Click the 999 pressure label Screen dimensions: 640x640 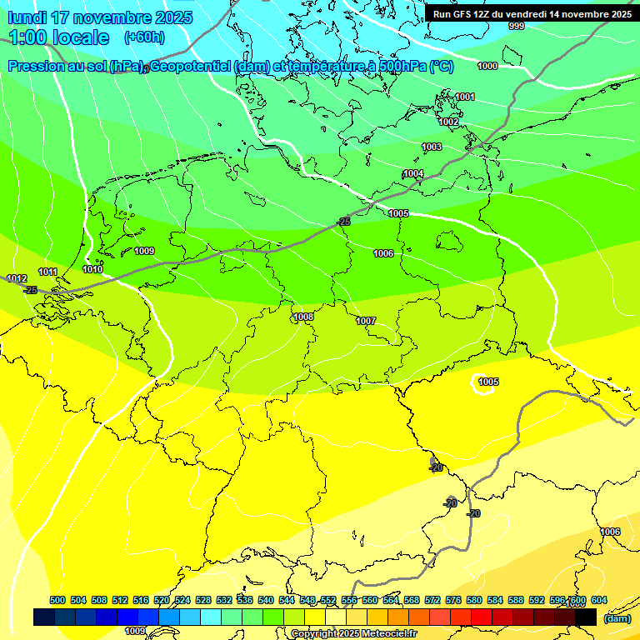click(x=517, y=27)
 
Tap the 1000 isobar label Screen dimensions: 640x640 click(x=487, y=66)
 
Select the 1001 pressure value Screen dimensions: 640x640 click(x=465, y=97)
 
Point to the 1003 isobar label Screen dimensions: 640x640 click(x=432, y=147)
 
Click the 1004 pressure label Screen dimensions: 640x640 click(x=413, y=173)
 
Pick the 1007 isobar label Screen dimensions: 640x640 click(x=366, y=321)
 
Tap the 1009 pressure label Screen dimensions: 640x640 click(x=144, y=251)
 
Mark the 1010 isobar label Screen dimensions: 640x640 click(x=92, y=269)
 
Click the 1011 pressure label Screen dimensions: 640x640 click(x=47, y=272)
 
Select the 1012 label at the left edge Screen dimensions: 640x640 click(x=17, y=278)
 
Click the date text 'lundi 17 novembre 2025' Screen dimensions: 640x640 click(x=100, y=17)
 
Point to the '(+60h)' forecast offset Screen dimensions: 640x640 click(x=144, y=37)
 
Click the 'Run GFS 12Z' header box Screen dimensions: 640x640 click(x=532, y=14)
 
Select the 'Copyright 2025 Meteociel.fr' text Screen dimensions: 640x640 click(x=353, y=634)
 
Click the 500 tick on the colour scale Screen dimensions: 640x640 click(x=57, y=601)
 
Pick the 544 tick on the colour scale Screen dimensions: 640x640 click(x=287, y=601)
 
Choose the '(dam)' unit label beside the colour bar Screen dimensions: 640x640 click(x=617, y=618)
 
